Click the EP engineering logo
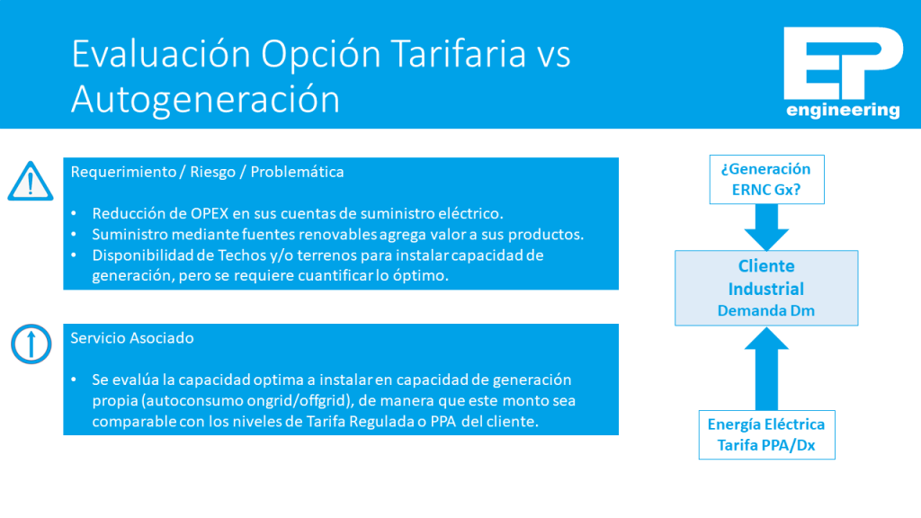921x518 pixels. [x=843, y=73]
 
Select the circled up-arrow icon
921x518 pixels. [x=31, y=344]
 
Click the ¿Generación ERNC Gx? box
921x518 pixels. [x=766, y=179]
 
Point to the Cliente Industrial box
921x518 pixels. [x=766, y=288]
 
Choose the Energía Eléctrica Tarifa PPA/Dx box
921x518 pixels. [x=766, y=434]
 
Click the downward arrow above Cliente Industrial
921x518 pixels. [x=766, y=228]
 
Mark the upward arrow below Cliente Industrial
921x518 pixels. [x=766, y=369]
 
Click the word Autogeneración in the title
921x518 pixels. [x=206, y=99]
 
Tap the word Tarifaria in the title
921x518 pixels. [x=458, y=53]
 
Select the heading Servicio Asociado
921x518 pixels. [x=132, y=338]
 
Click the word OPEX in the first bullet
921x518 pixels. [x=210, y=213]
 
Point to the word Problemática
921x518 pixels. [x=297, y=172]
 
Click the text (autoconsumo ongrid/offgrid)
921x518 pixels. [x=246, y=400]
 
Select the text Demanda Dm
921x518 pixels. [x=766, y=310]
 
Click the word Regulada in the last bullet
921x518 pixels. [x=384, y=422]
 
